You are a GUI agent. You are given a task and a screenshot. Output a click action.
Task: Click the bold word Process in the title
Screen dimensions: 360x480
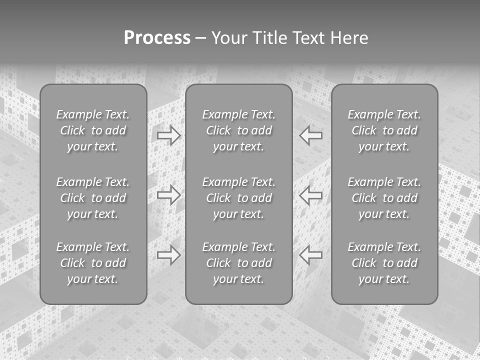tap(157, 38)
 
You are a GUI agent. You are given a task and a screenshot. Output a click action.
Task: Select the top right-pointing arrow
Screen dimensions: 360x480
tap(169, 135)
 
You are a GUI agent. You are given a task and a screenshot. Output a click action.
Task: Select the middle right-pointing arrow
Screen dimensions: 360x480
tap(169, 194)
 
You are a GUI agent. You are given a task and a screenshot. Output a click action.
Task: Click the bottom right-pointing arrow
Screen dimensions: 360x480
tap(169, 254)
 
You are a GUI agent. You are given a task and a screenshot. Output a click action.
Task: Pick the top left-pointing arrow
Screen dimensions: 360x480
tap(311, 135)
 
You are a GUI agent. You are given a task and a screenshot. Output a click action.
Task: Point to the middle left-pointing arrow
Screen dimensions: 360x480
tap(311, 194)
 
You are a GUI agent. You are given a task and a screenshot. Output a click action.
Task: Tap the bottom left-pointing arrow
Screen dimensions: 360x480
tap(311, 254)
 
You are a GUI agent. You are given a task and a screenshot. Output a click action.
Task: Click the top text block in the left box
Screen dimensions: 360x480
tap(93, 130)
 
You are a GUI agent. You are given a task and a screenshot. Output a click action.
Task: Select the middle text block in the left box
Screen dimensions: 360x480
tap(93, 198)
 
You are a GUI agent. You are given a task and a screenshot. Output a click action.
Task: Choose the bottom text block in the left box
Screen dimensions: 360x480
tap(93, 263)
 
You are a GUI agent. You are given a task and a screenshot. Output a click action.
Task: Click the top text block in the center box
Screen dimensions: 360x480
tap(239, 130)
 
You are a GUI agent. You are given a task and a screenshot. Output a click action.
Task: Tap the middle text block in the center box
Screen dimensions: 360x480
tap(239, 198)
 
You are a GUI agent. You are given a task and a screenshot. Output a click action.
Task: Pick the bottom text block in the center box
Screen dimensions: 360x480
tap(239, 263)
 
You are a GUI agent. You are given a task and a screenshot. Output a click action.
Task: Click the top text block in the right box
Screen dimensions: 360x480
tap(384, 130)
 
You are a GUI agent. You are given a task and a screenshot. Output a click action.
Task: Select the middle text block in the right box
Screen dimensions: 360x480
tap(384, 198)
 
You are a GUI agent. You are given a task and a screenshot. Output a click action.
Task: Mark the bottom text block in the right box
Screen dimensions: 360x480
tap(384, 263)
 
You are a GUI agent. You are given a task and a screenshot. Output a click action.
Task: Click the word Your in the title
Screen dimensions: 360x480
tap(228, 38)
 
